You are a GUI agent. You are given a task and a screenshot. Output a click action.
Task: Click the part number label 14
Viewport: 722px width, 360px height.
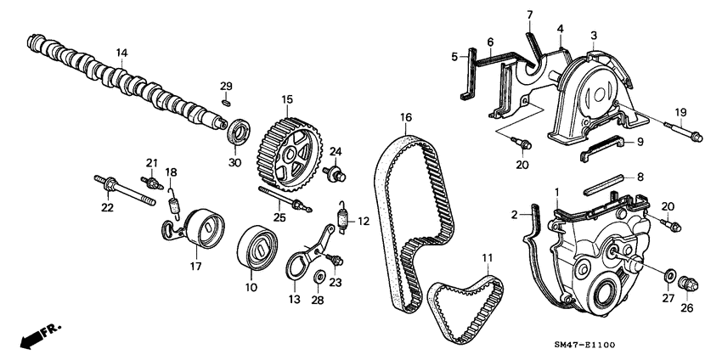point(121,53)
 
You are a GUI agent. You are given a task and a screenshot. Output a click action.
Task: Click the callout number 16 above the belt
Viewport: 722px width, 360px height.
point(405,117)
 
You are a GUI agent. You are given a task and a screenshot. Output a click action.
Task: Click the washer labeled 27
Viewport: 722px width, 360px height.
point(671,277)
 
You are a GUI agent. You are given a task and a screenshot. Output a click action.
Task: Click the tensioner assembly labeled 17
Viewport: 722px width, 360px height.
point(197,230)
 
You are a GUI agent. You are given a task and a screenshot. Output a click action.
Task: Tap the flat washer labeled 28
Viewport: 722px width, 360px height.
point(319,277)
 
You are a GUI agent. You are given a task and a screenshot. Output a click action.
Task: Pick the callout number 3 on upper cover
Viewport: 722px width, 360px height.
point(594,35)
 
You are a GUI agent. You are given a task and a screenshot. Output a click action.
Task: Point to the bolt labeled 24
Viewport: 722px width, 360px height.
point(336,176)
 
